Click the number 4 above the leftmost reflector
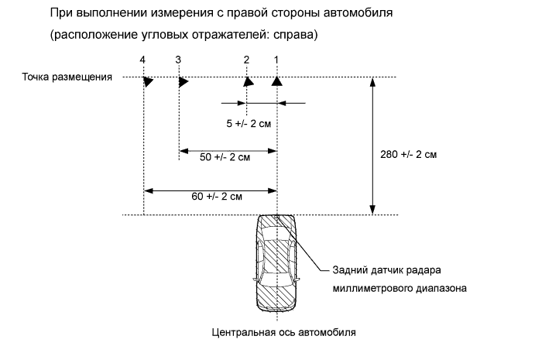coord(142,60)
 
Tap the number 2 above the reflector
coord(246,60)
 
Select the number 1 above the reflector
coord(276,60)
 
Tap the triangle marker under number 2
coord(247,81)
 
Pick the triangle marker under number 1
coord(276,81)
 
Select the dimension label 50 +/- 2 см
coord(225,157)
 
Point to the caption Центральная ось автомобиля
coord(283,334)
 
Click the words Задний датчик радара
coord(388,270)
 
